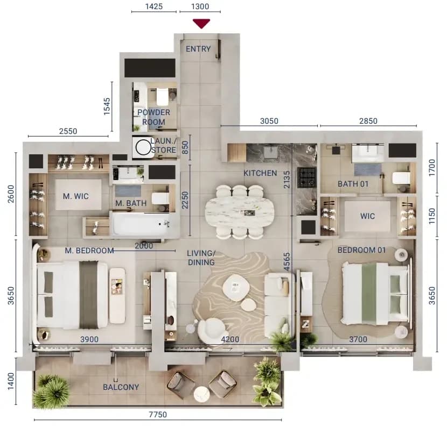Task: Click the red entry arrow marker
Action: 201,23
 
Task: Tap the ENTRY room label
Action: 198,49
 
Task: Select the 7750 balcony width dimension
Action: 158,415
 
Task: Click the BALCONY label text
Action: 121,387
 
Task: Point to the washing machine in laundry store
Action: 143,147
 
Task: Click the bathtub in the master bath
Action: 142,224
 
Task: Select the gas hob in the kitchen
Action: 307,177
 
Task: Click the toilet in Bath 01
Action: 401,179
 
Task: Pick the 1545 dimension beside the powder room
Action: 107,106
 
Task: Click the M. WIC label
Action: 76,196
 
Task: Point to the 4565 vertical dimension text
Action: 287,261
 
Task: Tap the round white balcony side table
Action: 202,394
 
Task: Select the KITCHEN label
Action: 260,173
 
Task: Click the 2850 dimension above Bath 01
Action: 368,121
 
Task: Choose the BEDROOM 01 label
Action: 361,250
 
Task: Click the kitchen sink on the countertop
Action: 270,152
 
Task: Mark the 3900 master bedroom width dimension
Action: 89,339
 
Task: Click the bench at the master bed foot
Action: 117,295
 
